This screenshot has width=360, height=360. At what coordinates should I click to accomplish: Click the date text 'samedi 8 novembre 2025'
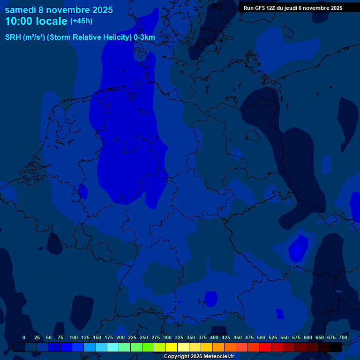59,10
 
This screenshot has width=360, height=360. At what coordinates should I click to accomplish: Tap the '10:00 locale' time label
36,22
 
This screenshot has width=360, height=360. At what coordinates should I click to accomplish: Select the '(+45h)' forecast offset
81,21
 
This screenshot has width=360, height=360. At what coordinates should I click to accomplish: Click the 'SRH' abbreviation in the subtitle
13,37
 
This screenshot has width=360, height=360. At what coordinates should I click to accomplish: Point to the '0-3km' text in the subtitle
144,37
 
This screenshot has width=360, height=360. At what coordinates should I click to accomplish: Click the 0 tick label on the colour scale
24,337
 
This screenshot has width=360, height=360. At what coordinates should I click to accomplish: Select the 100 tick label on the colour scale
74,337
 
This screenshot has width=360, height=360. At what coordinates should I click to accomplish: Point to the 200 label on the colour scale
120,337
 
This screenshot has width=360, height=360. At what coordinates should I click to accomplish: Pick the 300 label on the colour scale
167,337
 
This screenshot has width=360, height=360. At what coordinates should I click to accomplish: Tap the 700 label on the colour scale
343,337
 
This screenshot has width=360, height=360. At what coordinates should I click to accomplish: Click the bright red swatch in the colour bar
265,347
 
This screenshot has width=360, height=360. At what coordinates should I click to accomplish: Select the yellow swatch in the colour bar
172,347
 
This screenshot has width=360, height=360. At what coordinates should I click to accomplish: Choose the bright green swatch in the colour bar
148,347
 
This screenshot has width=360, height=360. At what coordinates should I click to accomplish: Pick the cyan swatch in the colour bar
113,347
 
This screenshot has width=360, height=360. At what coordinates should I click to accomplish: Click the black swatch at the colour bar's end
336,347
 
